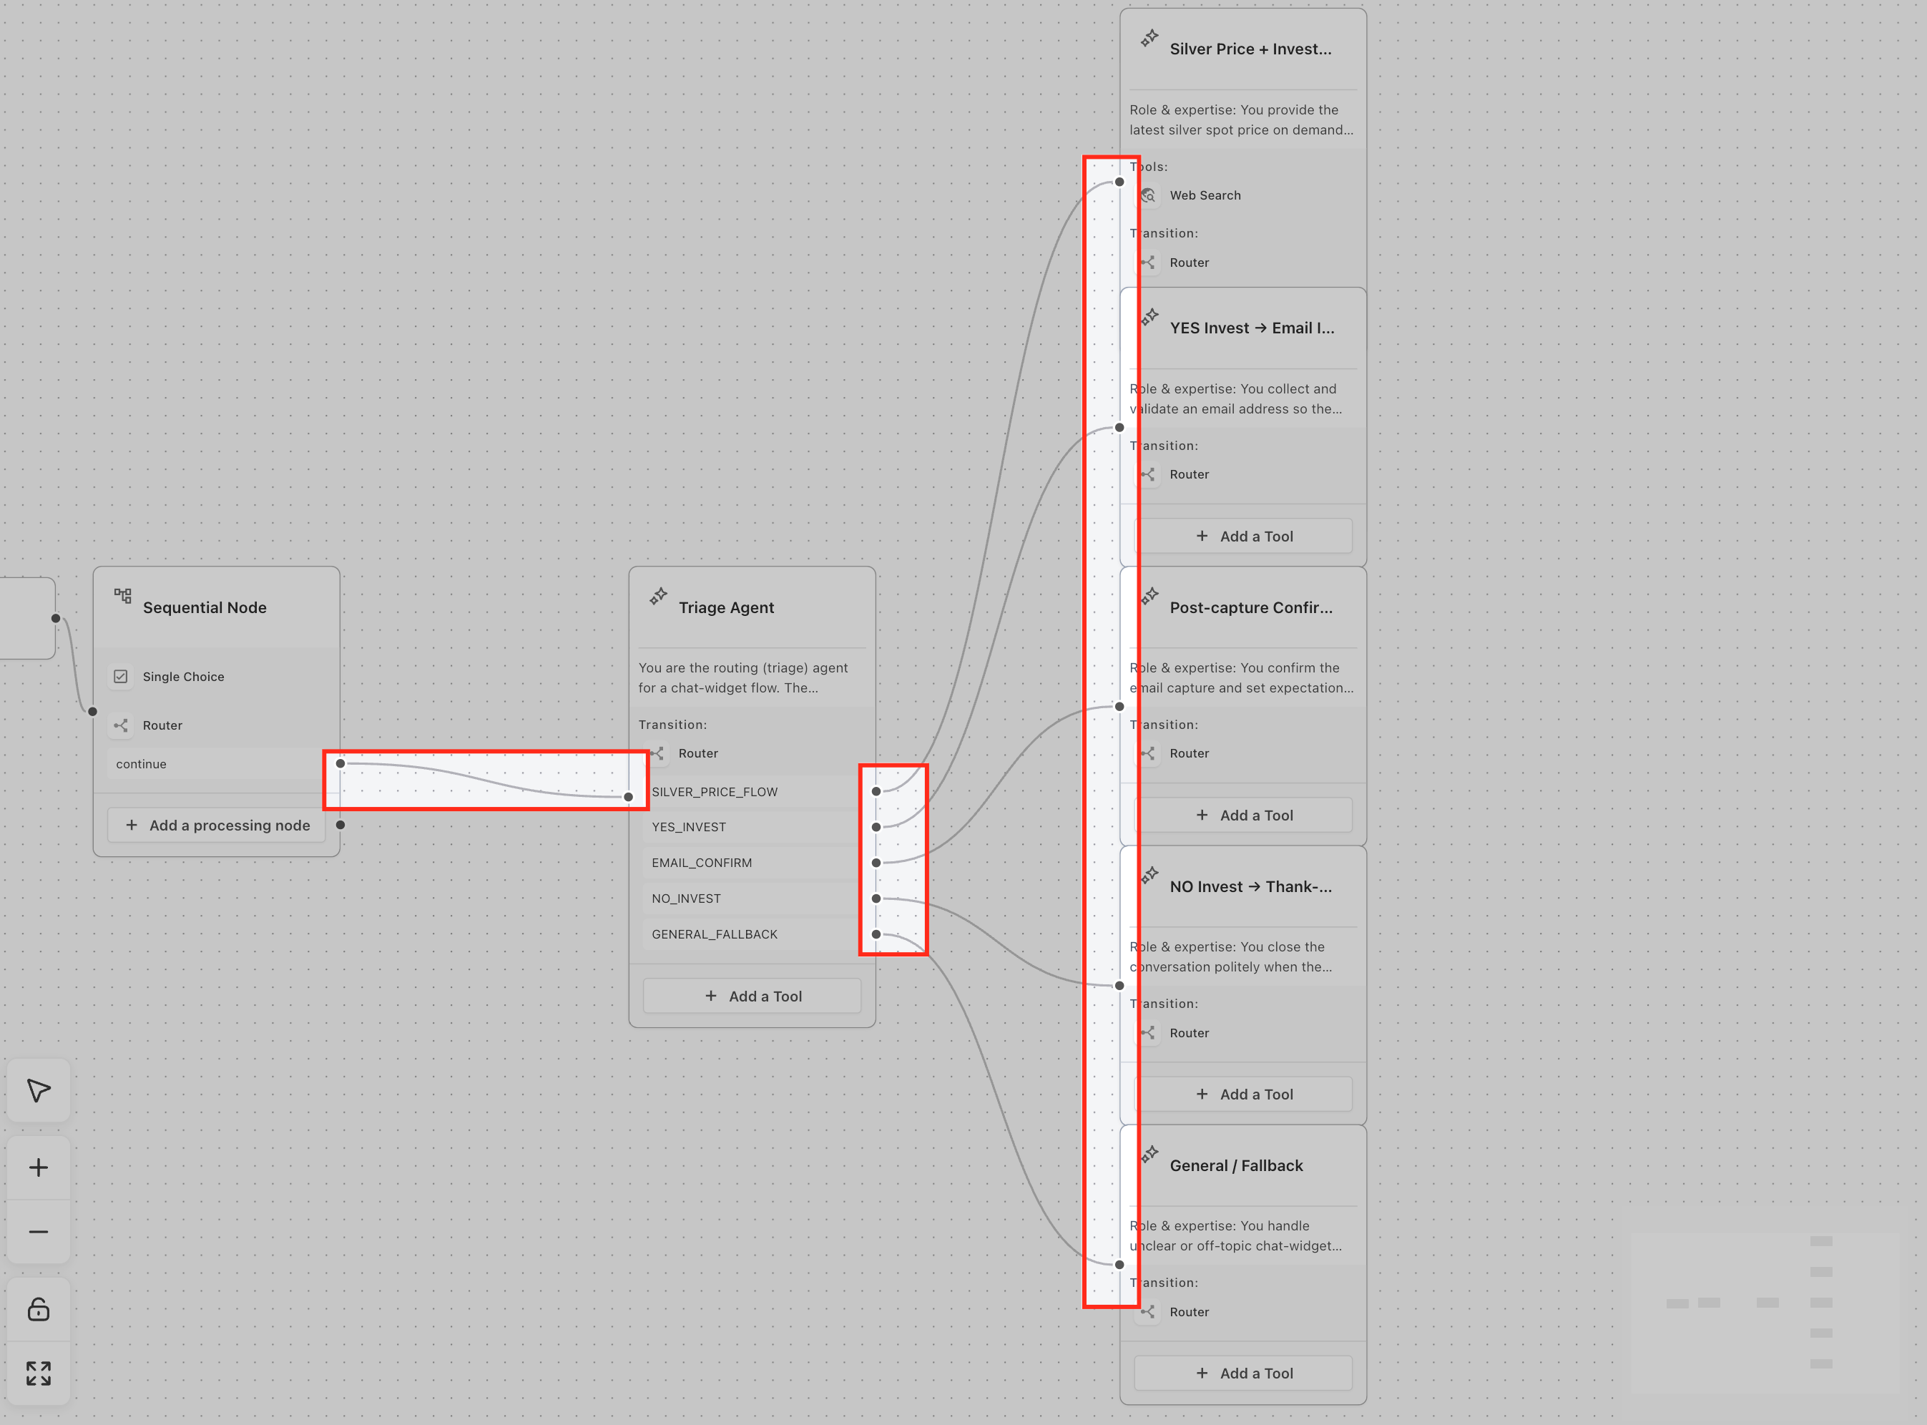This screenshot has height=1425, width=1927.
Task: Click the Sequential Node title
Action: (x=205, y=607)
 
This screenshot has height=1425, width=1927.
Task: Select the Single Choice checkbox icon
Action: (x=121, y=676)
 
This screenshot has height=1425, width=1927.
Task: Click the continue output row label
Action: (x=142, y=764)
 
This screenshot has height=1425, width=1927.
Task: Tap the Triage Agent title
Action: (x=726, y=607)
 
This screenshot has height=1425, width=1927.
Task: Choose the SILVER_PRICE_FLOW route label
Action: (x=714, y=792)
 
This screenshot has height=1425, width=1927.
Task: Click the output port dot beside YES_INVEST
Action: (x=876, y=827)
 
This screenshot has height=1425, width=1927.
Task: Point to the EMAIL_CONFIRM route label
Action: (x=701, y=863)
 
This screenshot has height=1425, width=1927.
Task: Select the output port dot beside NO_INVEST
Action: (x=876, y=898)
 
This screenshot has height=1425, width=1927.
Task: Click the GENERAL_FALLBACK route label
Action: (x=714, y=934)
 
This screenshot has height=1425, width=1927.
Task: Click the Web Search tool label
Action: (x=1205, y=196)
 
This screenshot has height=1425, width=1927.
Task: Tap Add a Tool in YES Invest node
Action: (x=1243, y=537)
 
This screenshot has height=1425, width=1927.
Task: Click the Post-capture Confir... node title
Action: (x=1251, y=607)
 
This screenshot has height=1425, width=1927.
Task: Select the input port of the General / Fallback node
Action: (x=1119, y=1265)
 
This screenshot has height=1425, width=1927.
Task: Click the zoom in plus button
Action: (x=39, y=1168)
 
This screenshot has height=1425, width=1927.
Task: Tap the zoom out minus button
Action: (x=39, y=1232)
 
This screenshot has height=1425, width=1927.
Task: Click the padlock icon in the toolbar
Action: (x=39, y=1309)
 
